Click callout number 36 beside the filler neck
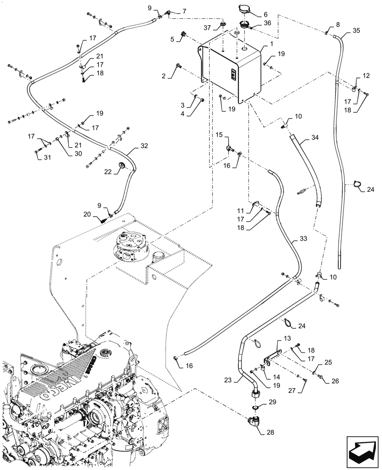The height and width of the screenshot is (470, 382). [x=267, y=23]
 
